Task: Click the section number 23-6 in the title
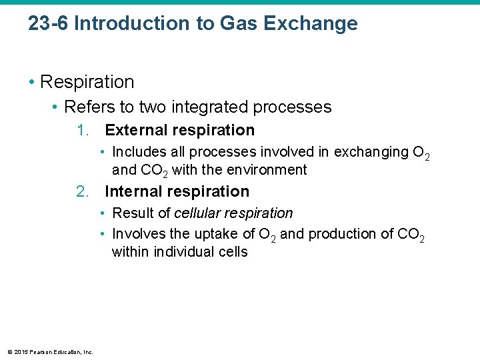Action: click(x=49, y=24)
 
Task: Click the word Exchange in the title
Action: click(x=311, y=24)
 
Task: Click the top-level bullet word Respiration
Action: click(x=87, y=82)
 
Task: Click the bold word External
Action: click(x=135, y=130)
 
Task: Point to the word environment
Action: click(x=267, y=170)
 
